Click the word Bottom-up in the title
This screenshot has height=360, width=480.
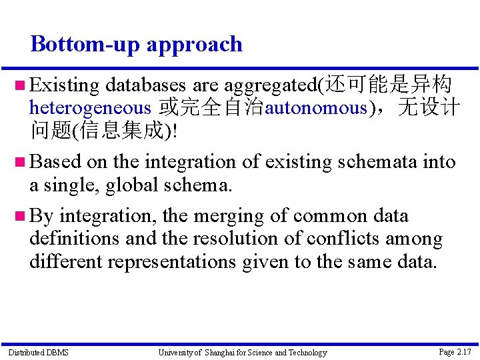click(x=85, y=45)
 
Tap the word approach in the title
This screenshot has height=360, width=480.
click(x=195, y=45)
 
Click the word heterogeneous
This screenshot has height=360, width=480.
click(x=90, y=108)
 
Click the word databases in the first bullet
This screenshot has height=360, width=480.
click(x=146, y=85)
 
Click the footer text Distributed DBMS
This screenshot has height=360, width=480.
click(x=38, y=352)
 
